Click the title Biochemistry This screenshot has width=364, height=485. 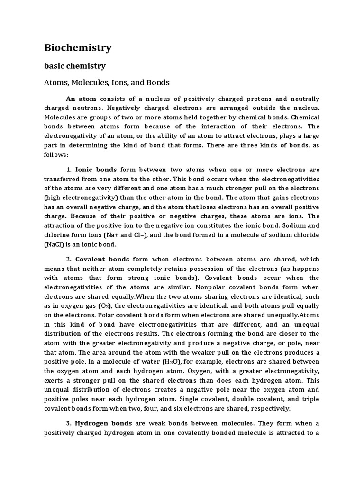(78, 47)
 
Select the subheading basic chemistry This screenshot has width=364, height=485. (75, 66)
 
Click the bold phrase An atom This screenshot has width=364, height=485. (81, 99)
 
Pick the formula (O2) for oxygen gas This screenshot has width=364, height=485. (104, 306)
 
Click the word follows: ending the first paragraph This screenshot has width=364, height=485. (56, 155)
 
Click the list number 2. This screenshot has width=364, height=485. (68, 260)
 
